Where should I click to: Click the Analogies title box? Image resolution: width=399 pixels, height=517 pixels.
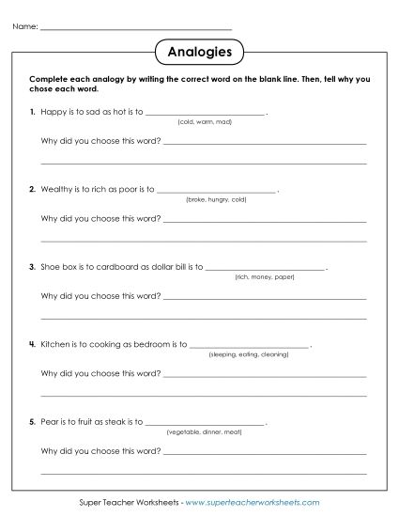199,49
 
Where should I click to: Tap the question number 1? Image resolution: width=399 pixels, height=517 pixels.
33,112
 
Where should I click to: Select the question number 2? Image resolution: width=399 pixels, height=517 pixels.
33,189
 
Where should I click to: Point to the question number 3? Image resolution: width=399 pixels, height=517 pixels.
33,267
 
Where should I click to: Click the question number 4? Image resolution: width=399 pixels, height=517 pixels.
33,344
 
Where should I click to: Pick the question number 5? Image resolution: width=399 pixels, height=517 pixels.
33,422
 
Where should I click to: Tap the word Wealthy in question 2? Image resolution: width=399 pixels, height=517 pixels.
56,189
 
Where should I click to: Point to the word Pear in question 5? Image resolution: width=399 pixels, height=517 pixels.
50,422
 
